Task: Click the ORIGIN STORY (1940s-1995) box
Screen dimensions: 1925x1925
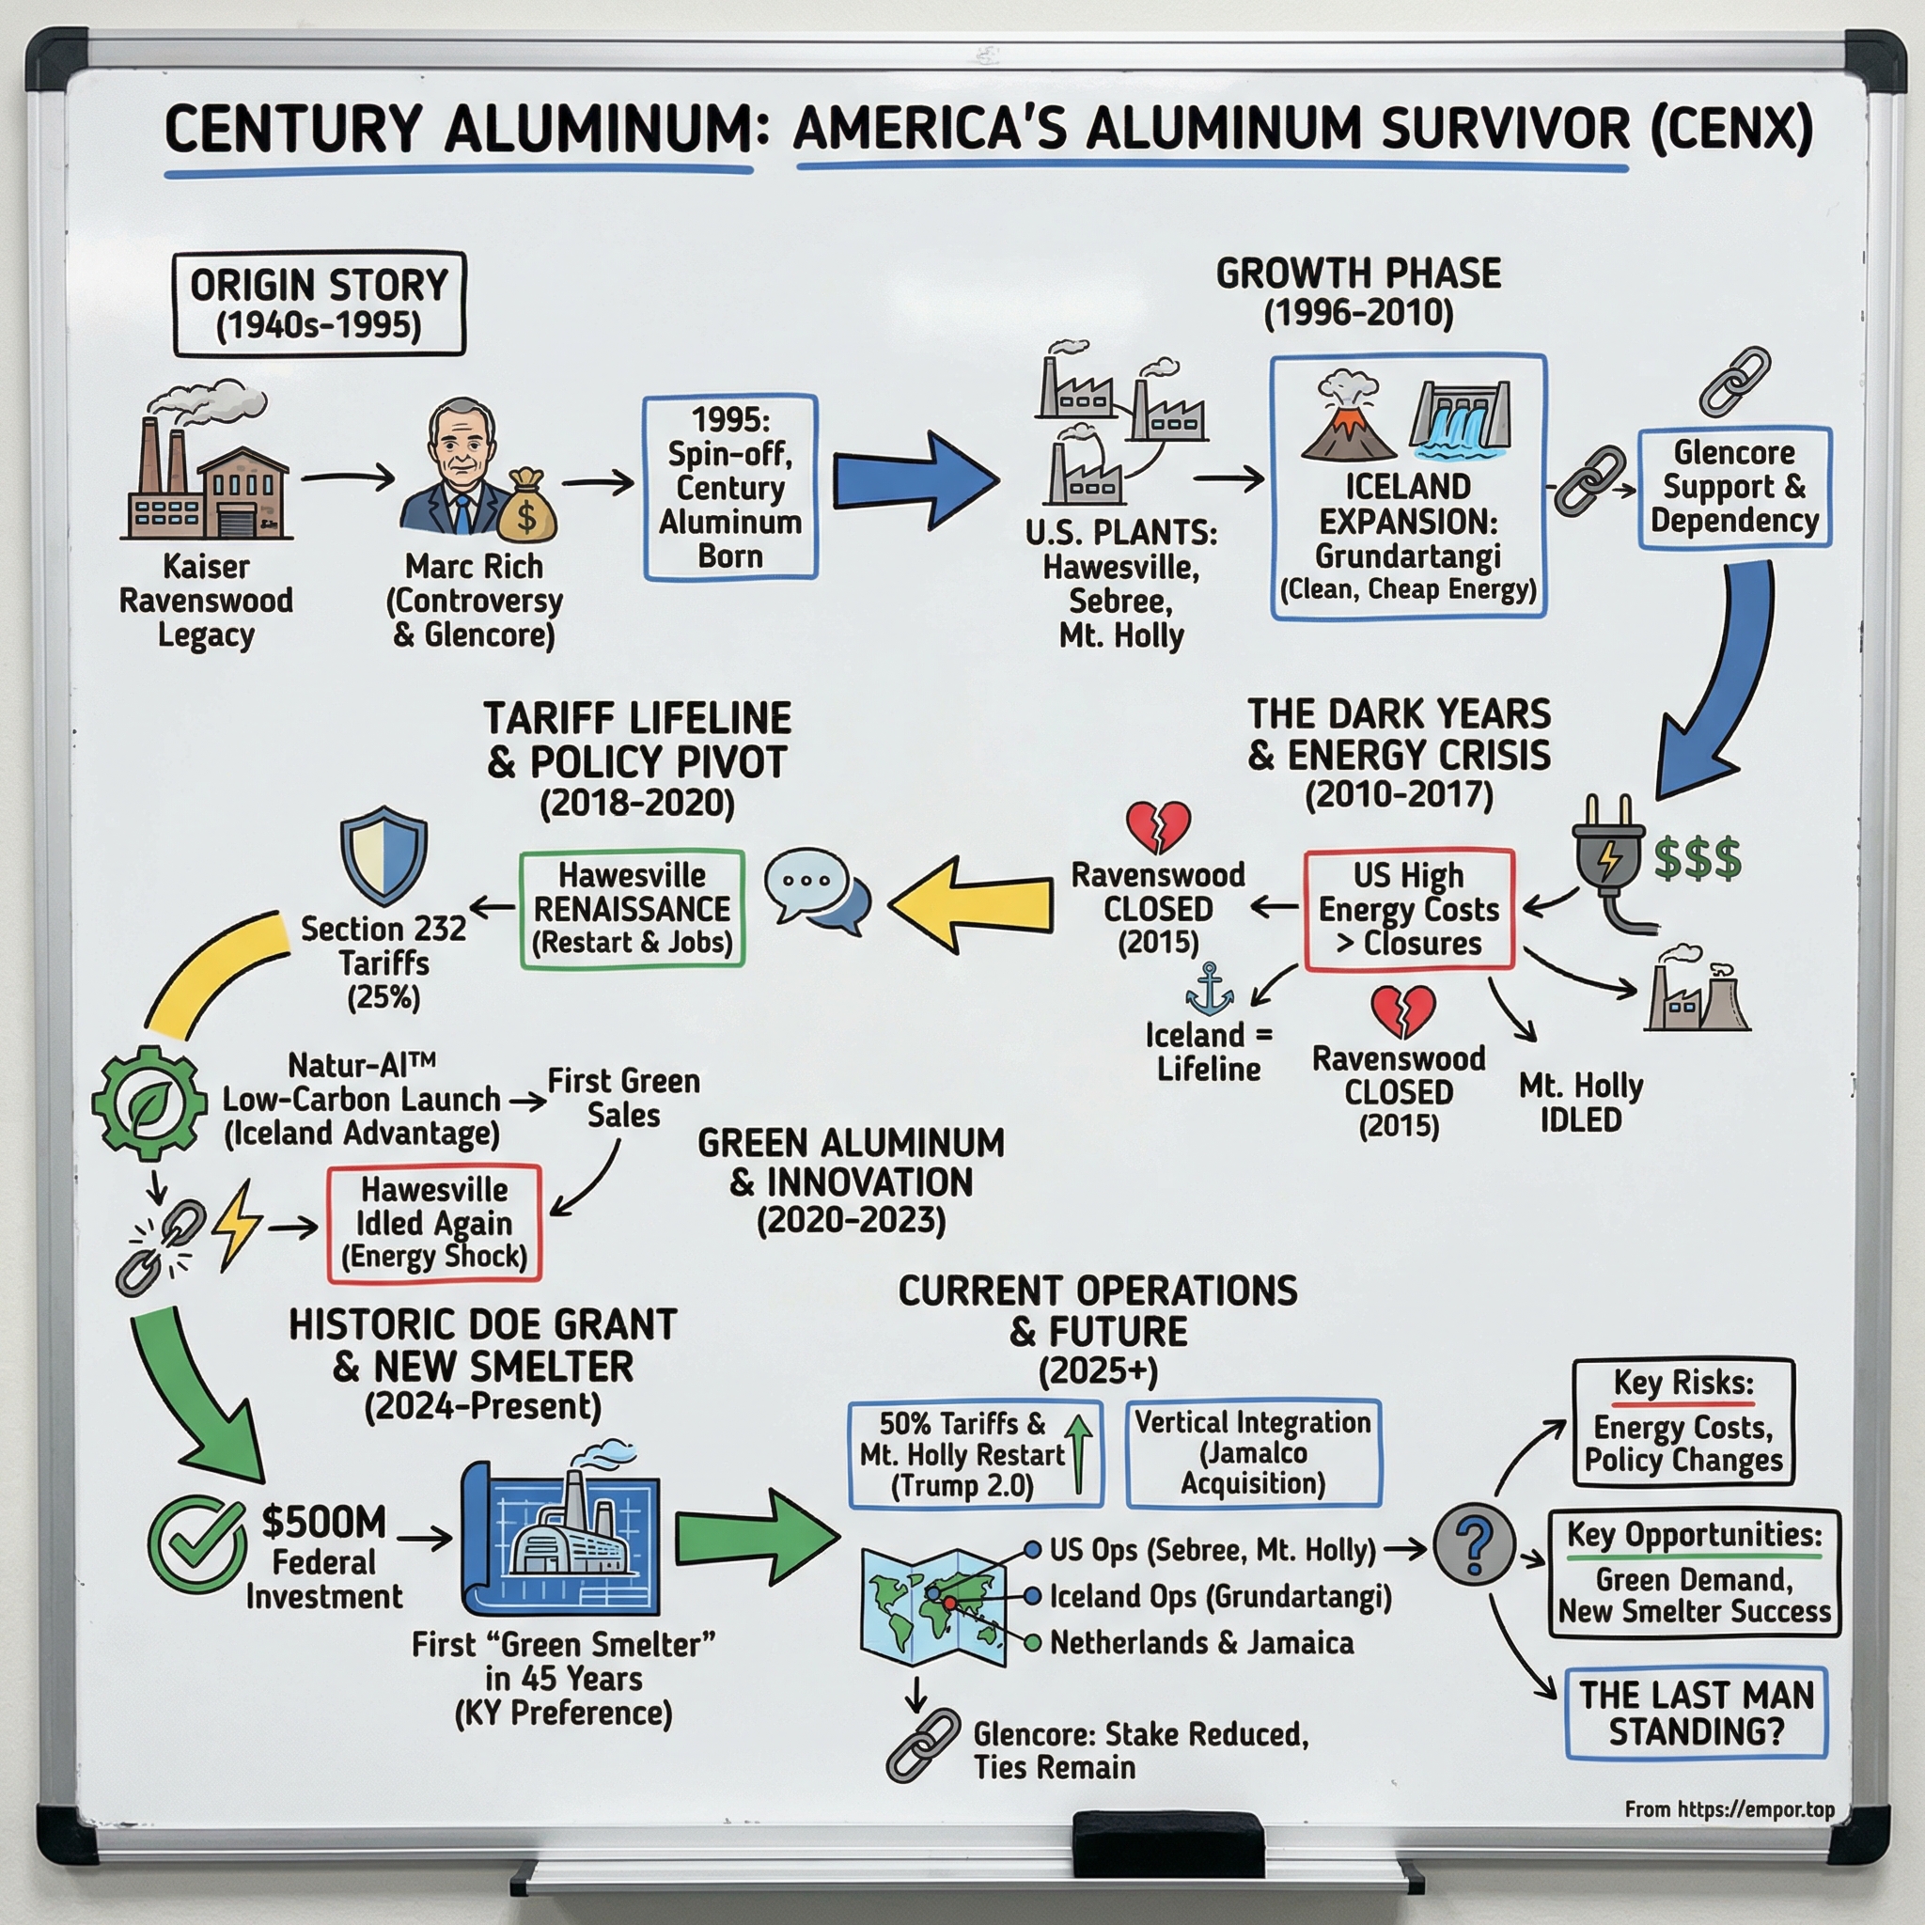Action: click(319, 304)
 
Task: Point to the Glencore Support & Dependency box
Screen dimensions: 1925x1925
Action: click(1735, 487)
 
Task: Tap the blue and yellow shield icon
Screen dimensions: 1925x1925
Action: click(383, 855)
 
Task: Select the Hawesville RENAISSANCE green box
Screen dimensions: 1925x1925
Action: click(632, 908)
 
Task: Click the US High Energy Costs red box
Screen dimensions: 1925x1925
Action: click(1409, 909)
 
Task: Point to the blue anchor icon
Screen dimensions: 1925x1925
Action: click(1210, 989)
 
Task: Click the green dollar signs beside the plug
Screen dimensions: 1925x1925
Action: click(1698, 859)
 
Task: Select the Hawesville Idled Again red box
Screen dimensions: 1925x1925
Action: click(434, 1223)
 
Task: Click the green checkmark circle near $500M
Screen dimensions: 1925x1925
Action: click(197, 1545)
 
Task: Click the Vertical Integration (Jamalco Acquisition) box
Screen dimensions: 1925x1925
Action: click(1254, 1453)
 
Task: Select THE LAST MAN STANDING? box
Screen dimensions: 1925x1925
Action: click(1696, 1712)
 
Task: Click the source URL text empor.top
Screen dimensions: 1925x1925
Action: click(1729, 1809)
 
